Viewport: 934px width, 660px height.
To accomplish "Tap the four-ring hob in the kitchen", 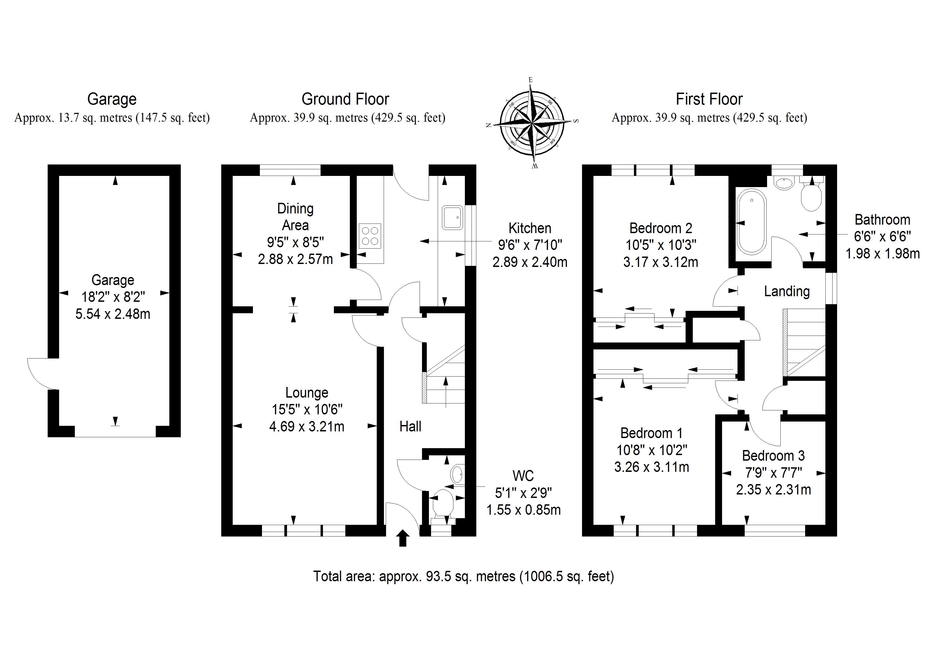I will pyautogui.click(x=370, y=236).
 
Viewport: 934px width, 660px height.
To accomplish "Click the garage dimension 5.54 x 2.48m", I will pyautogui.click(x=113, y=314).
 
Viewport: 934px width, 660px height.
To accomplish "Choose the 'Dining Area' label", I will pyautogui.click(x=295, y=217).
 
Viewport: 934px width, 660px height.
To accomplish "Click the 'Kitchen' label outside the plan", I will pyautogui.click(x=530, y=228).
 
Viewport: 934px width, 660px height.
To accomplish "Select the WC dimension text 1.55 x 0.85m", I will pyautogui.click(x=523, y=510).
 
